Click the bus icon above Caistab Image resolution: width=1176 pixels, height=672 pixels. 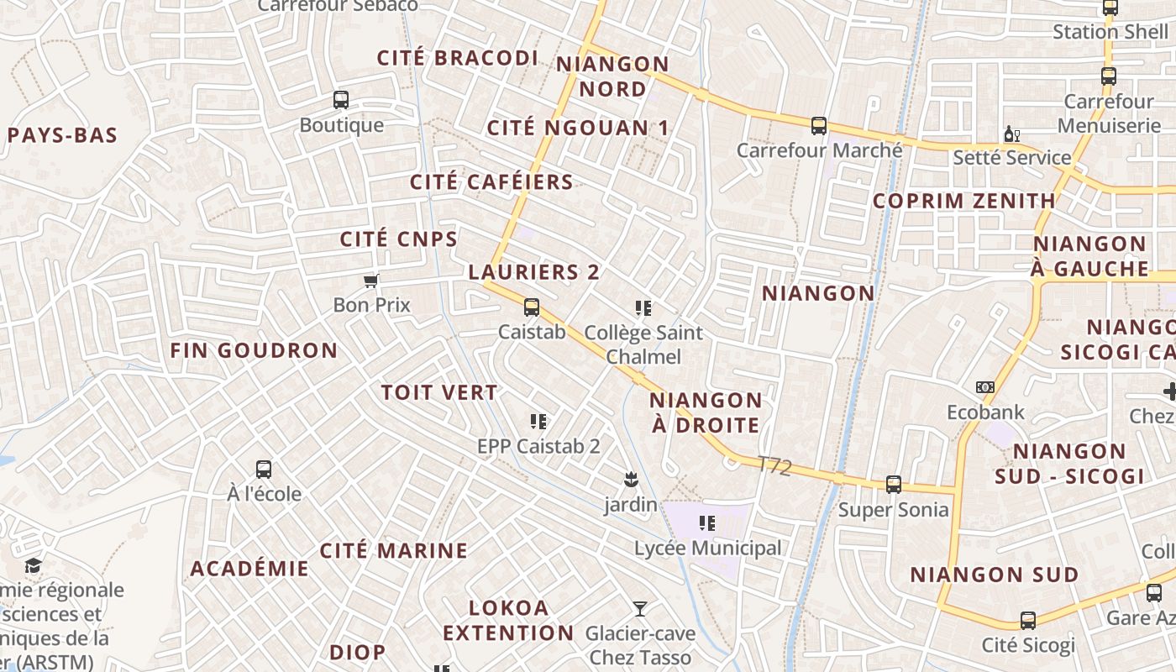(x=531, y=307)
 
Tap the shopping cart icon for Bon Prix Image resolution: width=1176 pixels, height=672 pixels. (x=370, y=281)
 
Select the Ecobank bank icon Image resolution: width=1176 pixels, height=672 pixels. (x=985, y=387)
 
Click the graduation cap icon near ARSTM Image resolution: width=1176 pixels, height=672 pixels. (x=33, y=565)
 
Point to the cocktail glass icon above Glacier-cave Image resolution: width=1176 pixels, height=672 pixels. (x=640, y=608)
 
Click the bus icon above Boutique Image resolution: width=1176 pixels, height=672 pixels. (x=341, y=100)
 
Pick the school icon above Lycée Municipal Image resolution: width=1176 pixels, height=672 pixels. (x=707, y=524)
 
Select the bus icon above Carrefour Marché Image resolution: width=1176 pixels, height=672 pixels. (x=819, y=126)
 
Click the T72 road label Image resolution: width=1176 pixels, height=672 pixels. (x=774, y=466)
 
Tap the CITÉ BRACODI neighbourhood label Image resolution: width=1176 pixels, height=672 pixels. (x=458, y=58)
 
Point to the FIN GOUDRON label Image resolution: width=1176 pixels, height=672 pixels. (x=254, y=350)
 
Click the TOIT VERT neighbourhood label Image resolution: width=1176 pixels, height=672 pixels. (x=439, y=392)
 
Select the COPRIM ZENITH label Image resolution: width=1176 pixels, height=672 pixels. (x=963, y=201)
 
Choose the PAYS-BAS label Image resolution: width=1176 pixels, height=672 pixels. (x=62, y=135)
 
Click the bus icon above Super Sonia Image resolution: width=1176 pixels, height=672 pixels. (x=894, y=485)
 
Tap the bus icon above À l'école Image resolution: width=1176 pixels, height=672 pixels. (x=264, y=470)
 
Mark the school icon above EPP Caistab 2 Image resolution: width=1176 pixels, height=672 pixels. (x=538, y=421)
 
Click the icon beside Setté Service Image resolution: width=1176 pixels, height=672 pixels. (x=1011, y=134)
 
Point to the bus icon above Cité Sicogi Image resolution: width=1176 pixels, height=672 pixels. (x=1028, y=621)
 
